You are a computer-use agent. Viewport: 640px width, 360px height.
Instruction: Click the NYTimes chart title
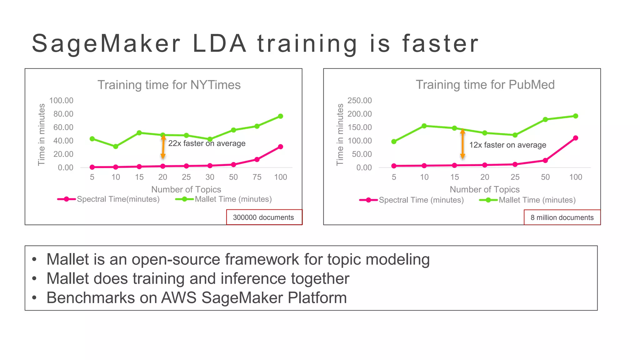169,85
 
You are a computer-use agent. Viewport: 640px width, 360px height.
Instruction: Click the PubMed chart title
485,85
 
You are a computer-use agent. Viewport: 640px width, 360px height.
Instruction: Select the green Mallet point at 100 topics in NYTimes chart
280,116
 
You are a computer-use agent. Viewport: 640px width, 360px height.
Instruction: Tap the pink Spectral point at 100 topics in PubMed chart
575,138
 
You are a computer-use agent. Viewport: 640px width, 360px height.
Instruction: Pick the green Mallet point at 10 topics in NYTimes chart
116,146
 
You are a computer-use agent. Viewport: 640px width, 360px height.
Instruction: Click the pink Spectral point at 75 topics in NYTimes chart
257,159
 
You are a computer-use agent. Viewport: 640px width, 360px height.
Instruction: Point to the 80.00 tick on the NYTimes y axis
63,114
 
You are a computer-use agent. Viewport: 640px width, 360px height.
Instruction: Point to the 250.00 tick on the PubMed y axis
359,101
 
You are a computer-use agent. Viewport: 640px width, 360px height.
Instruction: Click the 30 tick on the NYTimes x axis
210,177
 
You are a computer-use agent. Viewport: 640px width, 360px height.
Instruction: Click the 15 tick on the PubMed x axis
454,177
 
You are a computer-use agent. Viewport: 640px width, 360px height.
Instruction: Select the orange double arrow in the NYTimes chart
163,147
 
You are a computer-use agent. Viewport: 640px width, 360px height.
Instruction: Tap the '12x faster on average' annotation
507,145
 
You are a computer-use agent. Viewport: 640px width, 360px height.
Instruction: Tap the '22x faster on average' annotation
207,143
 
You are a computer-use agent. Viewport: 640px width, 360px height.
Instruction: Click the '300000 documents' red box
263,217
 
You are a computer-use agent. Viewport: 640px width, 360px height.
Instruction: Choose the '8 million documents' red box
562,217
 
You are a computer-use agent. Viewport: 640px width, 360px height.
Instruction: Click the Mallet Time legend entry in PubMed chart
537,200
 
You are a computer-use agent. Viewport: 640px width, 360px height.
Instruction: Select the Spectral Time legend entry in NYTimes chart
118,199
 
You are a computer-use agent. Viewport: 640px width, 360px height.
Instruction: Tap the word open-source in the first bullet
176,259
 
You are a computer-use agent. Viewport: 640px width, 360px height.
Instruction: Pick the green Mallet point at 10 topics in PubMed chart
424,126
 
